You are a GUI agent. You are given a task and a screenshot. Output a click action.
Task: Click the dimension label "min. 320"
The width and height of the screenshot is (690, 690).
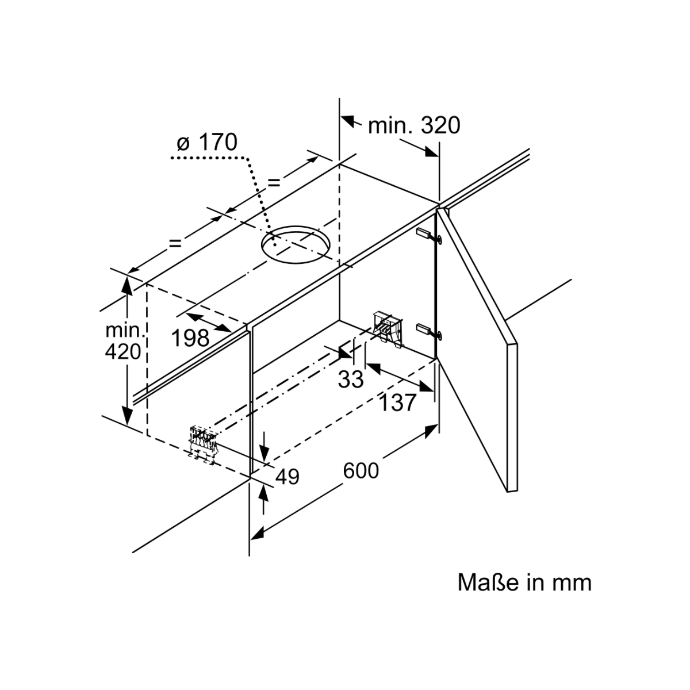414,125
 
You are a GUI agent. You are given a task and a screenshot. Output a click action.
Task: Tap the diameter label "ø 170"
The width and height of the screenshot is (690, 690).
207,141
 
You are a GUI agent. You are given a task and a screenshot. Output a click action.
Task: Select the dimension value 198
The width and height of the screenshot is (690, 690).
191,338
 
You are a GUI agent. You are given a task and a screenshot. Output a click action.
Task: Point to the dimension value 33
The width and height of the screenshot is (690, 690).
351,378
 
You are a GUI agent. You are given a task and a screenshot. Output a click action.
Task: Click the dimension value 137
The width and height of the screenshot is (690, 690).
397,402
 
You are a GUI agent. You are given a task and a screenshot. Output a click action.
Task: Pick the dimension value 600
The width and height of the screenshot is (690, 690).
361,470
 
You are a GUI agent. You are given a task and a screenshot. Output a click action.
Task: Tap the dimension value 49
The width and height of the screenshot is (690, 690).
287,476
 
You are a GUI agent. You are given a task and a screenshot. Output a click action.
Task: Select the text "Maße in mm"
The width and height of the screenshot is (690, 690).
524,582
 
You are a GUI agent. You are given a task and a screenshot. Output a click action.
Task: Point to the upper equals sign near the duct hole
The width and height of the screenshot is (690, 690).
274,182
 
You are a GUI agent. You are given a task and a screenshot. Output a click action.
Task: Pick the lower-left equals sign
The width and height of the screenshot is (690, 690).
175,243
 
